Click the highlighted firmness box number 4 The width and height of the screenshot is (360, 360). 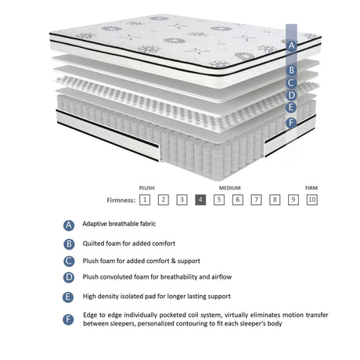coord(200,200)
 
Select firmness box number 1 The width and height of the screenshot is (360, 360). coord(145,200)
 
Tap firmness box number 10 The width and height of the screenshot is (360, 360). coord(312,200)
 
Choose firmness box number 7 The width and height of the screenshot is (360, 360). coord(256,200)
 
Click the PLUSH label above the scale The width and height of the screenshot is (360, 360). coord(146,188)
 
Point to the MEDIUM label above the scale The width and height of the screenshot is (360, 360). coord(229,188)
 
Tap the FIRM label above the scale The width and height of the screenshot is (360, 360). coord(311,188)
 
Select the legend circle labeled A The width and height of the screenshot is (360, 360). coord(69,225)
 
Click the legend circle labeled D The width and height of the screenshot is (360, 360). coord(69,277)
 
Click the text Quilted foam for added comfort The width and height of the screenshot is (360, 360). coord(129,243)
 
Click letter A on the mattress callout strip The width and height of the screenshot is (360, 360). coord(291,45)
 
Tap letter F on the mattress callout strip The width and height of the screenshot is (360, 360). coord(291,123)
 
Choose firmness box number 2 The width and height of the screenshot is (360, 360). coord(164,200)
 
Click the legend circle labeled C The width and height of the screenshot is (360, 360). coord(69,261)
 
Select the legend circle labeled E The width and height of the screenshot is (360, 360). coord(69,297)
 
